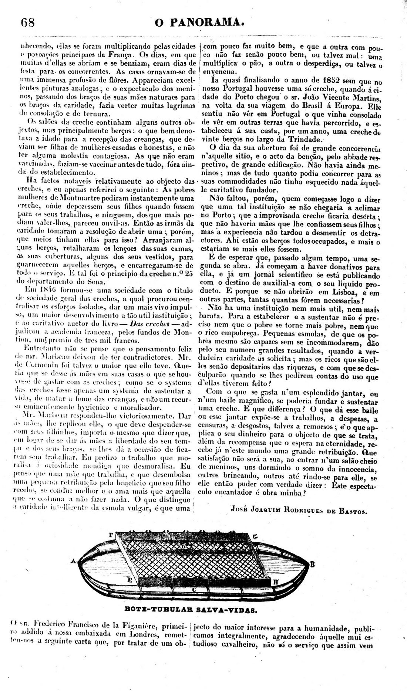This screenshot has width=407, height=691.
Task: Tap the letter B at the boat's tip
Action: click(312, 564)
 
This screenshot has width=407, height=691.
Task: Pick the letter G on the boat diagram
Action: click(255, 536)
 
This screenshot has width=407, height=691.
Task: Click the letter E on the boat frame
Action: click(129, 580)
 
